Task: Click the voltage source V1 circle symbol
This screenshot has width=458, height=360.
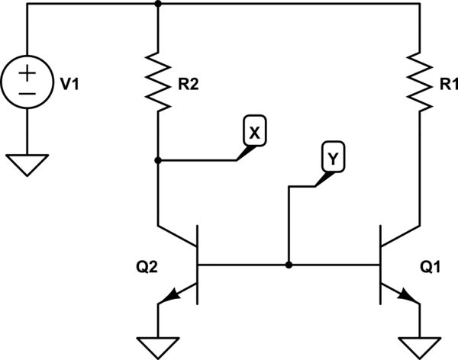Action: (x=27, y=84)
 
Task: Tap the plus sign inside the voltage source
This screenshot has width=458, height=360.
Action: (x=27, y=74)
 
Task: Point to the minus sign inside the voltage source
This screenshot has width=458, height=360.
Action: (x=27, y=95)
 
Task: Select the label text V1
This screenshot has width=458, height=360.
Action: (x=70, y=85)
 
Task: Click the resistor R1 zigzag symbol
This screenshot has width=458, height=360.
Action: (x=418, y=79)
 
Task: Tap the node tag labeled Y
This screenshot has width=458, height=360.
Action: (x=332, y=158)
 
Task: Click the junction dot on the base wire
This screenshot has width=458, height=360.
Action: (x=289, y=265)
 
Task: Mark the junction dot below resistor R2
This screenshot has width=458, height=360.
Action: (x=157, y=161)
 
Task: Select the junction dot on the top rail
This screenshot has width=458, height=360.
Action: (x=157, y=4)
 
